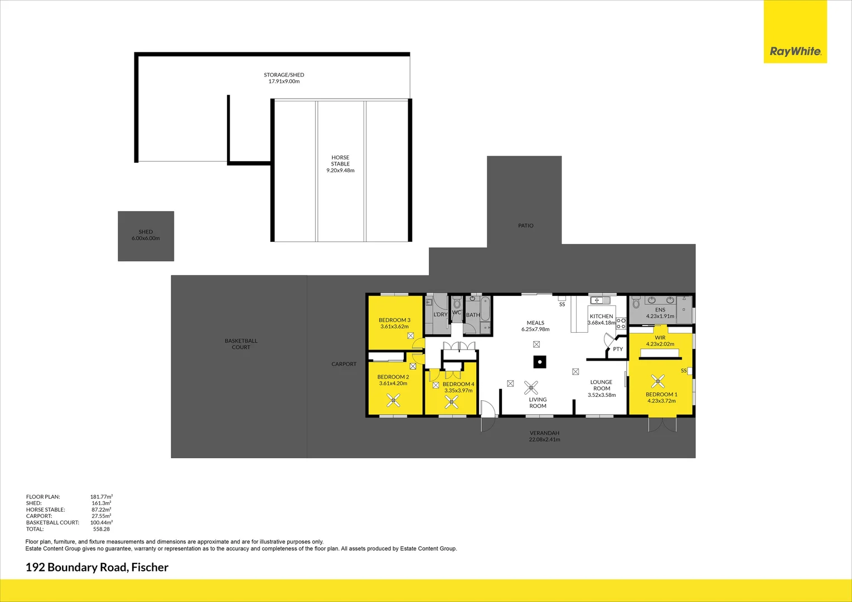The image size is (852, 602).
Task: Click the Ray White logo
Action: pyautogui.click(x=795, y=51)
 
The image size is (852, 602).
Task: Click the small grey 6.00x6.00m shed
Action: pyautogui.click(x=146, y=236)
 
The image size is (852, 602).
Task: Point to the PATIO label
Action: pyautogui.click(x=525, y=226)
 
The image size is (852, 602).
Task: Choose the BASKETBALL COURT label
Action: pyautogui.click(x=241, y=344)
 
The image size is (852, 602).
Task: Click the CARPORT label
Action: pyautogui.click(x=343, y=364)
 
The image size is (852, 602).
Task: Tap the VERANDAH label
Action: pyautogui.click(x=544, y=433)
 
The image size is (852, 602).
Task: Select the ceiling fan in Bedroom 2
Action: pyautogui.click(x=394, y=400)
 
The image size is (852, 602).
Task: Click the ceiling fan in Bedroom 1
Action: pyautogui.click(x=658, y=381)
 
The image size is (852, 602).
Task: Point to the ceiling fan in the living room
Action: pyautogui.click(x=531, y=387)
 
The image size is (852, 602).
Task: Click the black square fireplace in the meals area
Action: pyautogui.click(x=539, y=362)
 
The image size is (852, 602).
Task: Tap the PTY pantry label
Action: pyautogui.click(x=618, y=349)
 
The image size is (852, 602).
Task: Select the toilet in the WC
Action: pyautogui.click(x=457, y=303)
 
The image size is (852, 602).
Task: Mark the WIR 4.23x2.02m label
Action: pyautogui.click(x=660, y=341)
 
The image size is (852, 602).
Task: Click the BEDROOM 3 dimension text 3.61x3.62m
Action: pyautogui.click(x=394, y=327)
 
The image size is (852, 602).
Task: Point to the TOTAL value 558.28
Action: pyautogui.click(x=101, y=529)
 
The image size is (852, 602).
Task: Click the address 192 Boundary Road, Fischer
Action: pyautogui.click(x=97, y=567)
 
